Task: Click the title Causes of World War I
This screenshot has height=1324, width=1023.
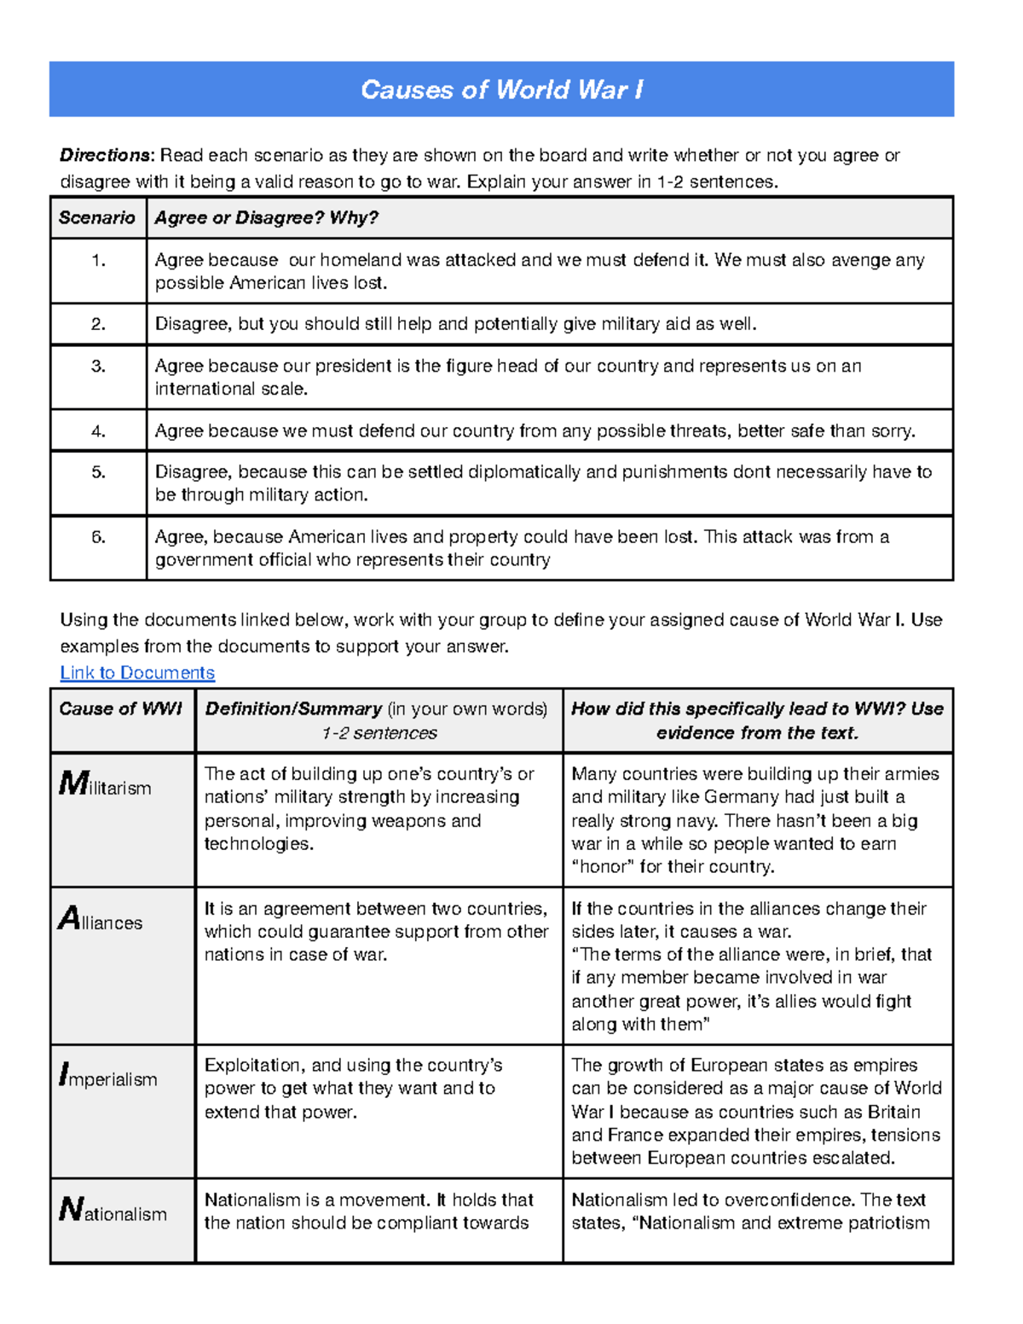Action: pyautogui.click(x=501, y=90)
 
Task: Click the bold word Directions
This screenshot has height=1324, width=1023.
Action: pyautogui.click(x=105, y=155)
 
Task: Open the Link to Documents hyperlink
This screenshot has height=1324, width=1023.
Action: pyautogui.click(x=137, y=673)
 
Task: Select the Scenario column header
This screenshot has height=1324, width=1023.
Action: pyautogui.click(x=96, y=217)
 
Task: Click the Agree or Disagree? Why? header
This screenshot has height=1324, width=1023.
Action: pyautogui.click(x=266, y=217)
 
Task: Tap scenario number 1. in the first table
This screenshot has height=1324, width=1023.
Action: pyautogui.click(x=99, y=261)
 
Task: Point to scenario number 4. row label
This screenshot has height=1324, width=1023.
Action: pyautogui.click(x=99, y=431)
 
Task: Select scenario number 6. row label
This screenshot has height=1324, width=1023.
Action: pyautogui.click(x=99, y=537)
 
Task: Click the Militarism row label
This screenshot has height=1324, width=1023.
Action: pyautogui.click(x=105, y=785)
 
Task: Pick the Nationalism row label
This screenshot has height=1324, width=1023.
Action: pyautogui.click(x=113, y=1211)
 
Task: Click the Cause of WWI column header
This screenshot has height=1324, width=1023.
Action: pyautogui.click(x=120, y=709)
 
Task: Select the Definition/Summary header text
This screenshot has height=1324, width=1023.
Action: pyautogui.click(x=293, y=709)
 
